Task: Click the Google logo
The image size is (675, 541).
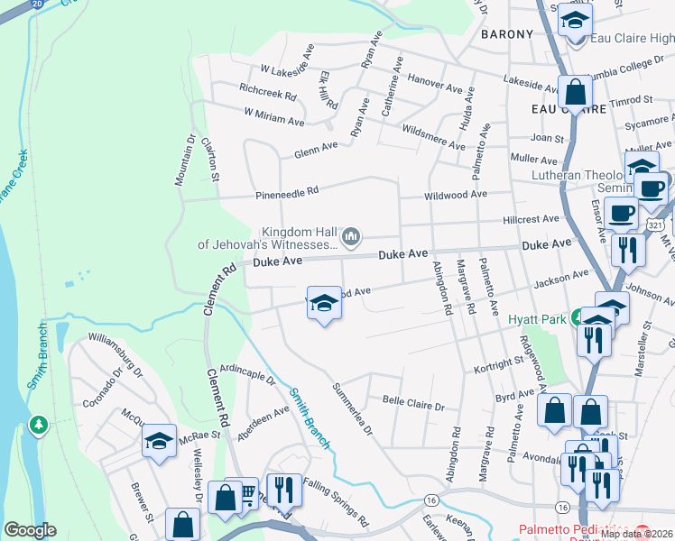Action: pyautogui.click(x=30, y=530)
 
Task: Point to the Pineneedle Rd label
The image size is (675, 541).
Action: pyautogui.click(x=288, y=191)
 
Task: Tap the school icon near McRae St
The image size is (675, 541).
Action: pyautogui.click(x=160, y=442)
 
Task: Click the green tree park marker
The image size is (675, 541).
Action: pyautogui.click(x=38, y=424)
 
